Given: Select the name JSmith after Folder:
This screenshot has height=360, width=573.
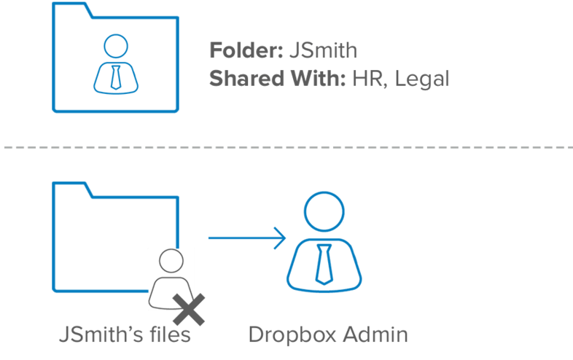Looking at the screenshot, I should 323,50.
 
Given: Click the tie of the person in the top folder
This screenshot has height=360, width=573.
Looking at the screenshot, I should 115,76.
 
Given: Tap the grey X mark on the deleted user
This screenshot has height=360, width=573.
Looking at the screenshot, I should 189,310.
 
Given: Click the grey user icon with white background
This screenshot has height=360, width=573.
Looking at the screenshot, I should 170,277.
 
